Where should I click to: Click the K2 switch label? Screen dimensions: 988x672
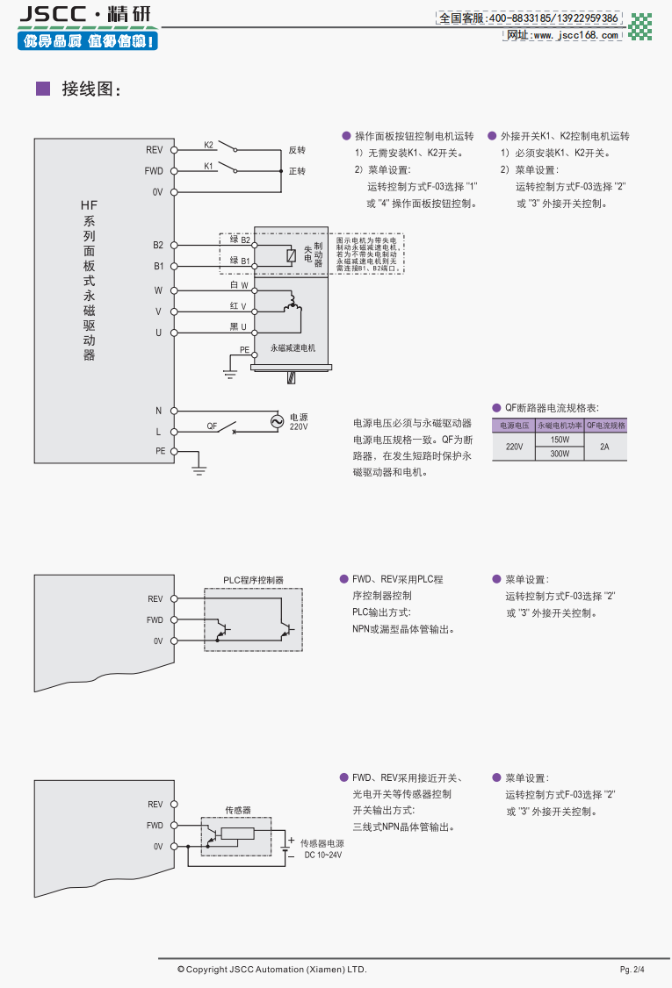209,144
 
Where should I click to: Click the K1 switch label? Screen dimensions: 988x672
209,165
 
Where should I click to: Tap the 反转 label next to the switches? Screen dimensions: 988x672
297,150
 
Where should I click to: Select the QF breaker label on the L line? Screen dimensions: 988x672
212,426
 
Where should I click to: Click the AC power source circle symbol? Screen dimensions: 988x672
276,422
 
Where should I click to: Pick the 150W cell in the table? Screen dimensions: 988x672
560,440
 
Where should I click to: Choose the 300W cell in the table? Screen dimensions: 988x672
560,454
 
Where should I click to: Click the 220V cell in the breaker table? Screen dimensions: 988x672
514,447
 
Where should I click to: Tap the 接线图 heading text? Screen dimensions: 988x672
90,89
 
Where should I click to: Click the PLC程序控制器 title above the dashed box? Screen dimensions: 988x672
253,580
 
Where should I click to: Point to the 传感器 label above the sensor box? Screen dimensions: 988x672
238,810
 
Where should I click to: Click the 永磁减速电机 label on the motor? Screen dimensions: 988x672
293,347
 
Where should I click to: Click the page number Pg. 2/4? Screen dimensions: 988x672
632,970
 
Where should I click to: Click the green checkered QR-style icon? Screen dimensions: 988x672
641,25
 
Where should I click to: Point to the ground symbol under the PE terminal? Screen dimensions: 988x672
199,471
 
